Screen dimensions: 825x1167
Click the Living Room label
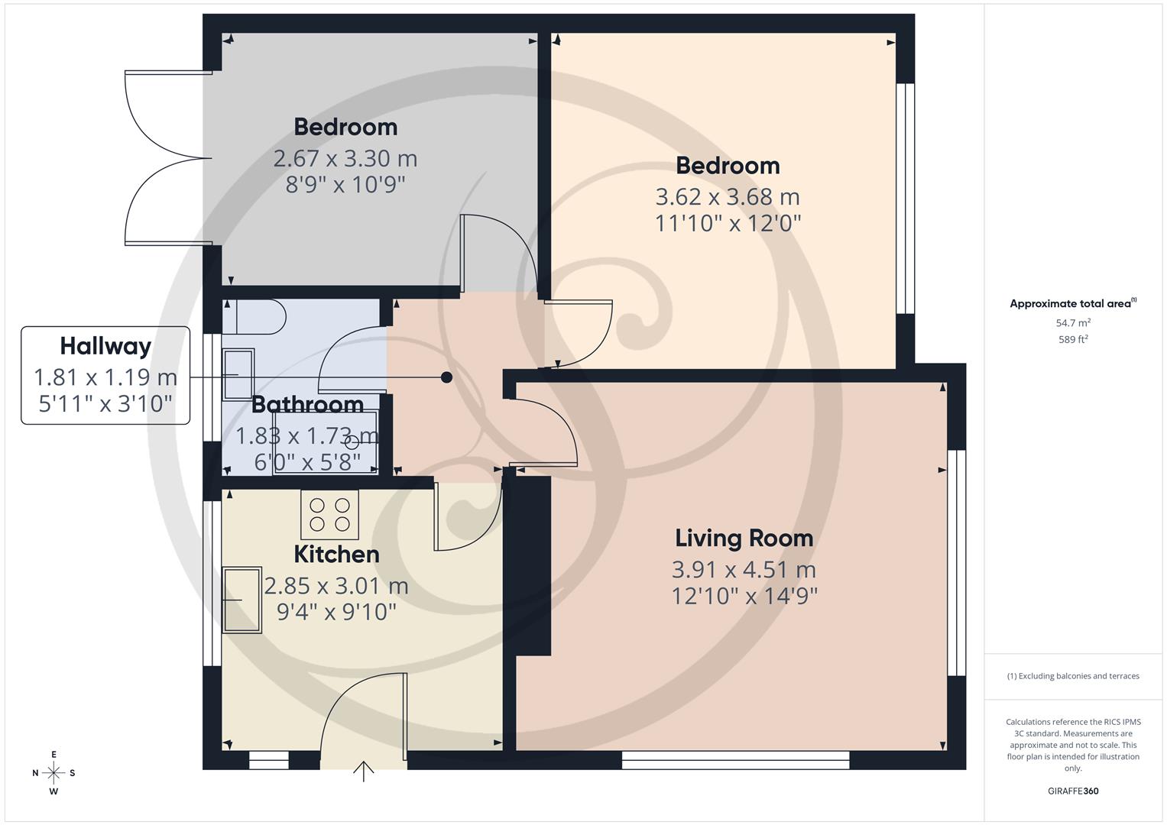[x=744, y=539]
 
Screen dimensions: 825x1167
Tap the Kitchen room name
[x=336, y=554]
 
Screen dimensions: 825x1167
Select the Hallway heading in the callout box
[x=105, y=347]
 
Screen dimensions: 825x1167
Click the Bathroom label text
[x=307, y=404]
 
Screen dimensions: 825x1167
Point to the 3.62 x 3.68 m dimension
[x=728, y=197]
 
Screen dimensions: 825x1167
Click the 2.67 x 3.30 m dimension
[x=345, y=159]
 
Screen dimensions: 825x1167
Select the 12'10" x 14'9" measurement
[x=744, y=596]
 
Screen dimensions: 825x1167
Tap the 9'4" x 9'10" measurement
[x=336, y=612]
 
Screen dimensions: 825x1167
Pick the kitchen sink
[x=242, y=600]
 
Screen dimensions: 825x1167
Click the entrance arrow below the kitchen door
[x=364, y=772]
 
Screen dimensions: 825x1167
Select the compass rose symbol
[x=53, y=773]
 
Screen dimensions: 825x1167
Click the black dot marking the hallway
[x=447, y=377]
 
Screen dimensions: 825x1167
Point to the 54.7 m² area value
[x=1073, y=323]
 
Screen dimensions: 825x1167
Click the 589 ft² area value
[x=1073, y=340]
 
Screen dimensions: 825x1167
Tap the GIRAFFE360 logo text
[x=1073, y=791]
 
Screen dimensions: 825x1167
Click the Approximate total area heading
[x=1072, y=304]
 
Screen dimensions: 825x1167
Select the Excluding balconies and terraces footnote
[x=1073, y=676]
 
